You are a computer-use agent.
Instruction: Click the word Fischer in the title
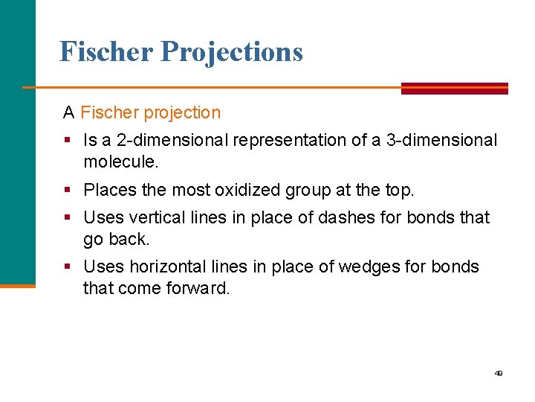tap(106, 51)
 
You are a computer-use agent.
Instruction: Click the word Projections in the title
tap(232, 52)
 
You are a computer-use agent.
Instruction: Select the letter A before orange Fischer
tap(69, 113)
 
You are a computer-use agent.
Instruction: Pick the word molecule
tap(120, 162)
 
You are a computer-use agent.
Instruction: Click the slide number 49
tap(499, 373)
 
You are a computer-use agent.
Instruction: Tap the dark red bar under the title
tap(454, 88)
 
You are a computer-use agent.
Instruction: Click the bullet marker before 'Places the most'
tap(68, 191)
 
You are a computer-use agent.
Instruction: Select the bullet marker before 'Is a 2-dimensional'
tap(68, 141)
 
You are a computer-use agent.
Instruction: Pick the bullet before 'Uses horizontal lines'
tap(68, 267)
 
